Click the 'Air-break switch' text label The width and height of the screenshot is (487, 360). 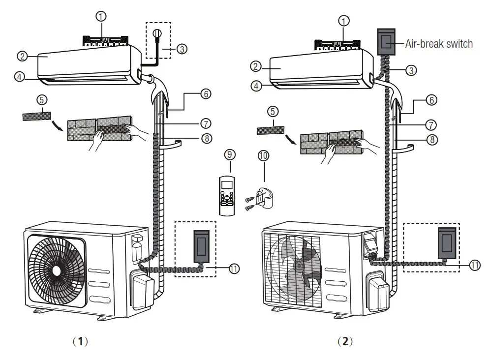[x=439, y=44]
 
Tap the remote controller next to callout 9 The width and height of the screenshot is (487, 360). [x=228, y=196]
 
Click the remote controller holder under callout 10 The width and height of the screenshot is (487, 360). [x=264, y=198]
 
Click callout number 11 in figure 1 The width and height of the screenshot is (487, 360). [x=234, y=269]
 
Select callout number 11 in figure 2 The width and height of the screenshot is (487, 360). [x=474, y=265]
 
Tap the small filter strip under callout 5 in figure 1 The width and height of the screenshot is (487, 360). [x=36, y=116]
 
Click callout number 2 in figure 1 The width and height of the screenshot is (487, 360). [x=22, y=56]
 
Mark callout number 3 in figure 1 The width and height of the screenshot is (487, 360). [x=182, y=49]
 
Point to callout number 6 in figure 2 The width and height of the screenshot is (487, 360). [x=431, y=100]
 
